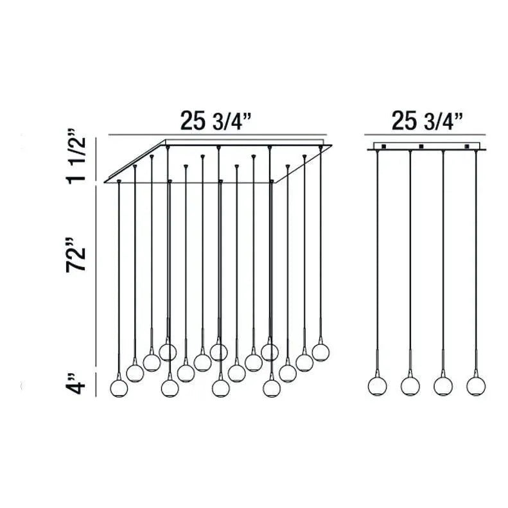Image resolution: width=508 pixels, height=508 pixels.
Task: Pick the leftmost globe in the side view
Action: pyautogui.click(x=377, y=386)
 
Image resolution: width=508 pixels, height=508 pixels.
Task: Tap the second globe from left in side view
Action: pyautogui.click(x=410, y=386)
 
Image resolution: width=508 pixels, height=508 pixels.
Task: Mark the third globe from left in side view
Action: pyautogui.click(x=442, y=386)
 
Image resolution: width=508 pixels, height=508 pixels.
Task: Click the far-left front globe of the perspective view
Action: pyautogui.click(x=119, y=388)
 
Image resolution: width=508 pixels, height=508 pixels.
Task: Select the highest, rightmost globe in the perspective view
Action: pyautogui.click(x=320, y=352)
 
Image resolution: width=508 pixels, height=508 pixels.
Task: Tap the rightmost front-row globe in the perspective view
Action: pyautogui.click(x=271, y=388)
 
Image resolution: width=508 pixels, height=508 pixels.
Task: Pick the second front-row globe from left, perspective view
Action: pyautogui.click(x=170, y=388)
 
